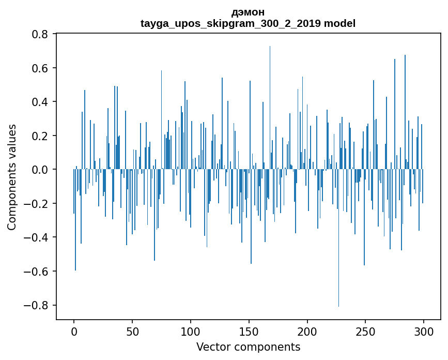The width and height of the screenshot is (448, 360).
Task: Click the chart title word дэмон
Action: click(248, 12)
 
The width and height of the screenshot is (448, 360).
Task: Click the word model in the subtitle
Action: click(339, 23)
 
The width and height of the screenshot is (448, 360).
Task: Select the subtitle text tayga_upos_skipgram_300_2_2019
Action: click(231, 24)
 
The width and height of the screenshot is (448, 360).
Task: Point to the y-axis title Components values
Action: click(12, 177)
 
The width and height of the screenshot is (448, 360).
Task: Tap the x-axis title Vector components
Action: click(248, 347)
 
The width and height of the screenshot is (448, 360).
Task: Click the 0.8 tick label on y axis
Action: click(40, 34)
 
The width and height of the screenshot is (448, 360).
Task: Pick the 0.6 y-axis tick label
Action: click(40, 68)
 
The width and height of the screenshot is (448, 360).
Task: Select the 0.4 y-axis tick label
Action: click(40, 102)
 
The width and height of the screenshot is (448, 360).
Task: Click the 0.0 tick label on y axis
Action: click(40, 170)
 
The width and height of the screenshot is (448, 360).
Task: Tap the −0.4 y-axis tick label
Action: click(36, 237)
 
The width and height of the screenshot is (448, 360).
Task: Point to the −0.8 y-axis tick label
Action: click(36, 305)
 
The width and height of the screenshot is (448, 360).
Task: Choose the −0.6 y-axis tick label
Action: click(36, 272)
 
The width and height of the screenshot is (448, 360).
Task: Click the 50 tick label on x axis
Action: click(132, 332)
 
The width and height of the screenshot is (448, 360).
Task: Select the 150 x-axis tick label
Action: click(249, 332)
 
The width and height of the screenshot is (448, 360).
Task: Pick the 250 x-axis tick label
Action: click(365, 332)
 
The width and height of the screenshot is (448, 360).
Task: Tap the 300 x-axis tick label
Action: click(423, 332)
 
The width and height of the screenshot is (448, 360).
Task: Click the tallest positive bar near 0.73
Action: click(270, 108)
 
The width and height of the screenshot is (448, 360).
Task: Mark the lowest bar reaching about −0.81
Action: click(338, 238)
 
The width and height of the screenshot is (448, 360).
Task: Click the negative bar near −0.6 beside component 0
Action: click(75, 220)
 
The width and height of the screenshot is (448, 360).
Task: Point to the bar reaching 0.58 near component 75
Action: click(161, 120)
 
